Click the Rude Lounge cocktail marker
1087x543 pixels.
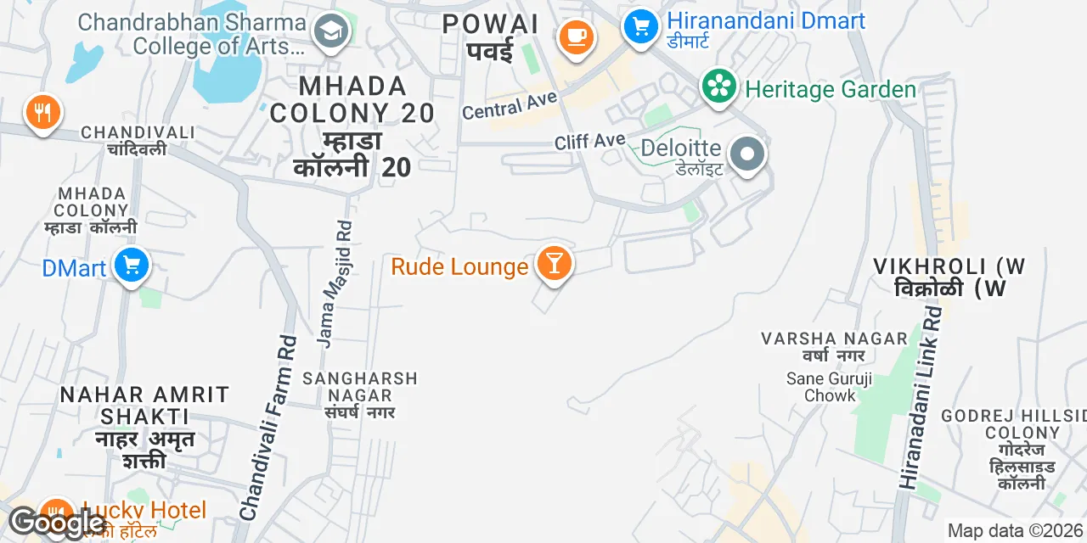click(x=554, y=264)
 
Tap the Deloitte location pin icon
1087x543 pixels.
click(x=748, y=155)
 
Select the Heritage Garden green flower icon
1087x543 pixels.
click(x=719, y=87)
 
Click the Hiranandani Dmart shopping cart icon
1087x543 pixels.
click(x=640, y=25)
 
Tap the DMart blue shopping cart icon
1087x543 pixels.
click(x=131, y=266)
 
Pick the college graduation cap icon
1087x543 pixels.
click(x=327, y=33)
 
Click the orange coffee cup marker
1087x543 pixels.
click(x=576, y=36)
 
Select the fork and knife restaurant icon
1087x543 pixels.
click(x=42, y=112)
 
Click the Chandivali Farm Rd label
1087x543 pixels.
click(x=269, y=427)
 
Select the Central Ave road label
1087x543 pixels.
click(x=510, y=106)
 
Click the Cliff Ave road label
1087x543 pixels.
click(x=589, y=141)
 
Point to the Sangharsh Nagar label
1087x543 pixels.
click(x=360, y=387)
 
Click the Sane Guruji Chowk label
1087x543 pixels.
click(x=829, y=387)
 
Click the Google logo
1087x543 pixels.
click(x=57, y=523)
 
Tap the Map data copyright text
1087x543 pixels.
click(x=1016, y=531)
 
